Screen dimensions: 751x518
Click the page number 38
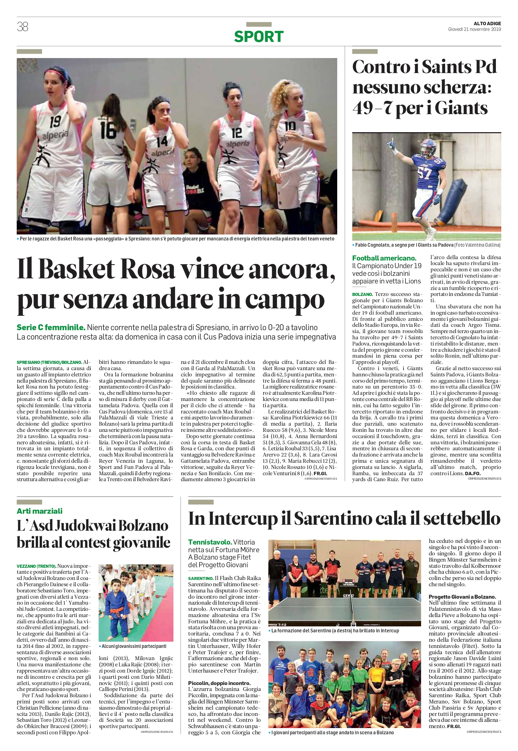pos(23,27)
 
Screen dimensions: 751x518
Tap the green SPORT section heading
pos(259,37)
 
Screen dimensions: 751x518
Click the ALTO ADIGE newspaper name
pos(487,23)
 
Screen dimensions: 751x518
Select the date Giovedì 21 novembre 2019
pos(475,29)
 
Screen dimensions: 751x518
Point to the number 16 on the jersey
pos(108,129)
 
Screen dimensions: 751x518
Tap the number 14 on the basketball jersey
pos(162,141)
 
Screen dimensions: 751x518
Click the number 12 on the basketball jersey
pos(237,133)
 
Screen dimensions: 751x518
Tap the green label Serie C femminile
pos(51,328)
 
